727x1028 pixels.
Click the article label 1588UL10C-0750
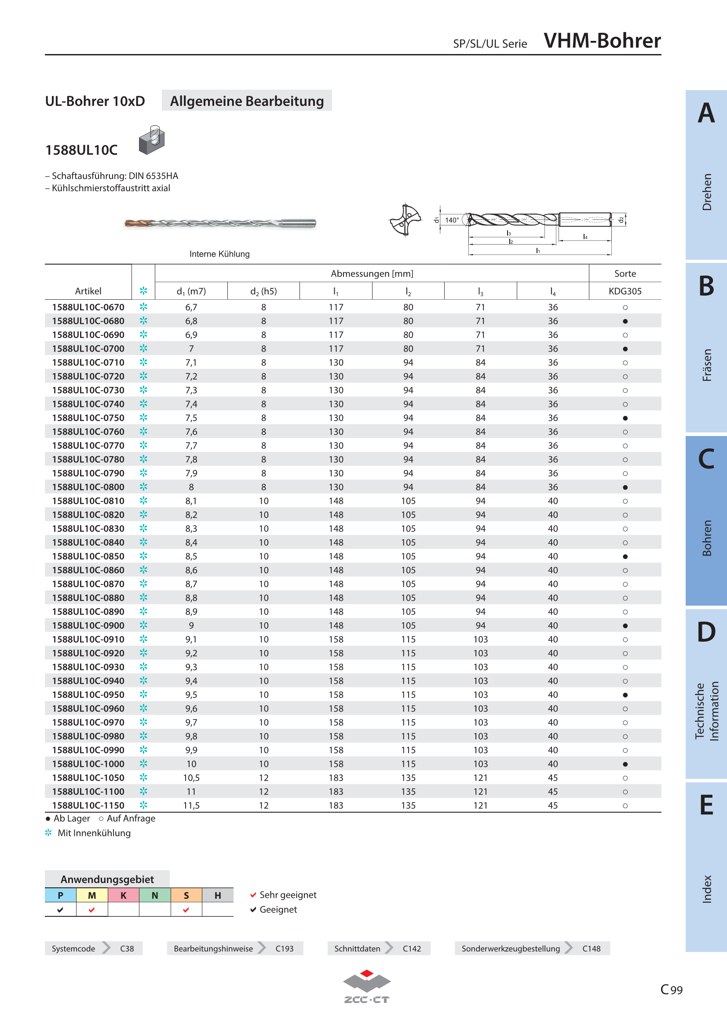[x=88, y=418]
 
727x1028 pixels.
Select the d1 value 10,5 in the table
[x=191, y=778]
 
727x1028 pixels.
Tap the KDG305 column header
[x=625, y=291]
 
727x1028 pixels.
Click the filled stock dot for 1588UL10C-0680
[x=625, y=321]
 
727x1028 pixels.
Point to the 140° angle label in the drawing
[x=452, y=220]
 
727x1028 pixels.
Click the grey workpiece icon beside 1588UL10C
[x=152, y=140]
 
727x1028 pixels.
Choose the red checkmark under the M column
[x=92, y=909]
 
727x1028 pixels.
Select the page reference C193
[x=285, y=948]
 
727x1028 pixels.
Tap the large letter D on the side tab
[x=706, y=632]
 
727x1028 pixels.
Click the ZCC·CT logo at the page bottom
[x=367, y=986]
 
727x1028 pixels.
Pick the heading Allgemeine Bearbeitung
[x=247, y=101]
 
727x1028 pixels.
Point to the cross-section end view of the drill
[x=406, y=219]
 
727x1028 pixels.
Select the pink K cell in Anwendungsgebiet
[x=124, y=895]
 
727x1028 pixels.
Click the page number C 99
[x=672, y=989]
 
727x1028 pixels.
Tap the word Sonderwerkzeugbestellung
[x=511, y=948]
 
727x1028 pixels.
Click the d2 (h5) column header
[x=263, y=291]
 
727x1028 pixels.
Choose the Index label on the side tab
[x=707, y=889]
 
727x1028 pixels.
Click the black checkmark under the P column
[x=60, y=909]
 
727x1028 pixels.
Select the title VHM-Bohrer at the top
[x=602, y=41]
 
